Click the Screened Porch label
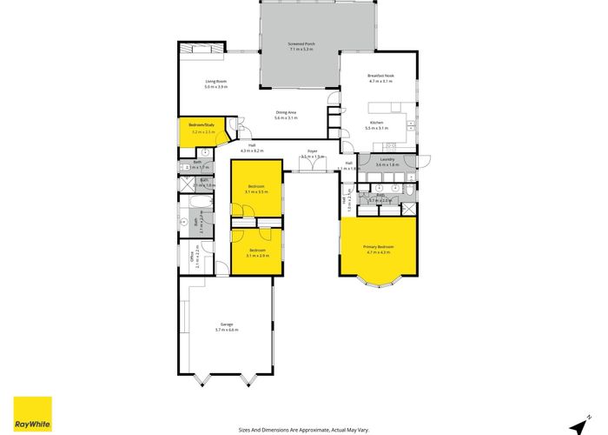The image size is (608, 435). point(301,43)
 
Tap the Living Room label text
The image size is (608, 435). point(190,81)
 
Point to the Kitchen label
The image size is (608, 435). point(377,123)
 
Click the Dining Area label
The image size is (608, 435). point(287,112)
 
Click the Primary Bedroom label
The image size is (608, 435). point(379,247)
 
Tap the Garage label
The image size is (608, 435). point(226,325)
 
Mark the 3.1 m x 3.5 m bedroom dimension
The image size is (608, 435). point(257,191)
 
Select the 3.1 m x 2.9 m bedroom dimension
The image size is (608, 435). point(257,256)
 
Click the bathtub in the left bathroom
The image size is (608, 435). point(195,210)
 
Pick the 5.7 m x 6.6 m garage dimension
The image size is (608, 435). point(226,330)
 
